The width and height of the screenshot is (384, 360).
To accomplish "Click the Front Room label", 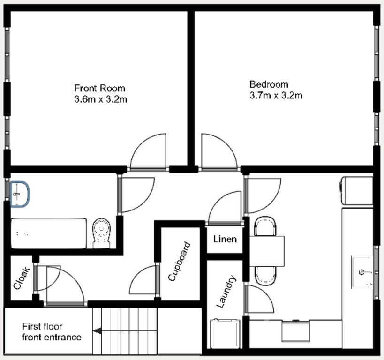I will click(99, 88).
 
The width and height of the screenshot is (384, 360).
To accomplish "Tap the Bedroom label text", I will click(269, 84).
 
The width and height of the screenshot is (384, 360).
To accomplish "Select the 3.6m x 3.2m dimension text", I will click(100, 99).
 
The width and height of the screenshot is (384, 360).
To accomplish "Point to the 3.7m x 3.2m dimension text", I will click(276, 96).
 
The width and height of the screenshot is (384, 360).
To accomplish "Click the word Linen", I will click(225, 239).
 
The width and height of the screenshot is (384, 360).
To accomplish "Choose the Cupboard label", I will click(179, 262).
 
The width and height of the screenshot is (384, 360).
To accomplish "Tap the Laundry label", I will click(226, 292).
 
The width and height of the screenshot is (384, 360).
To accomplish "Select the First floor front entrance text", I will click(51, 332).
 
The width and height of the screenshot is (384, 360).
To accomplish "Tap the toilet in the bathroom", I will click(102, 232).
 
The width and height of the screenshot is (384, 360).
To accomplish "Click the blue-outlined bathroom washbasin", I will click(20, 194).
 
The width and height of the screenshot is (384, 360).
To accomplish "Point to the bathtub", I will click(49, 233).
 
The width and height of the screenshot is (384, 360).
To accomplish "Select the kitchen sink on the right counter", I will click(363, 272).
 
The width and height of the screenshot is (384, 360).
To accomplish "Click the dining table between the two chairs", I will click(267, 251).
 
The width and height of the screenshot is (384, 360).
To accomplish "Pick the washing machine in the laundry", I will click(226, 333).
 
